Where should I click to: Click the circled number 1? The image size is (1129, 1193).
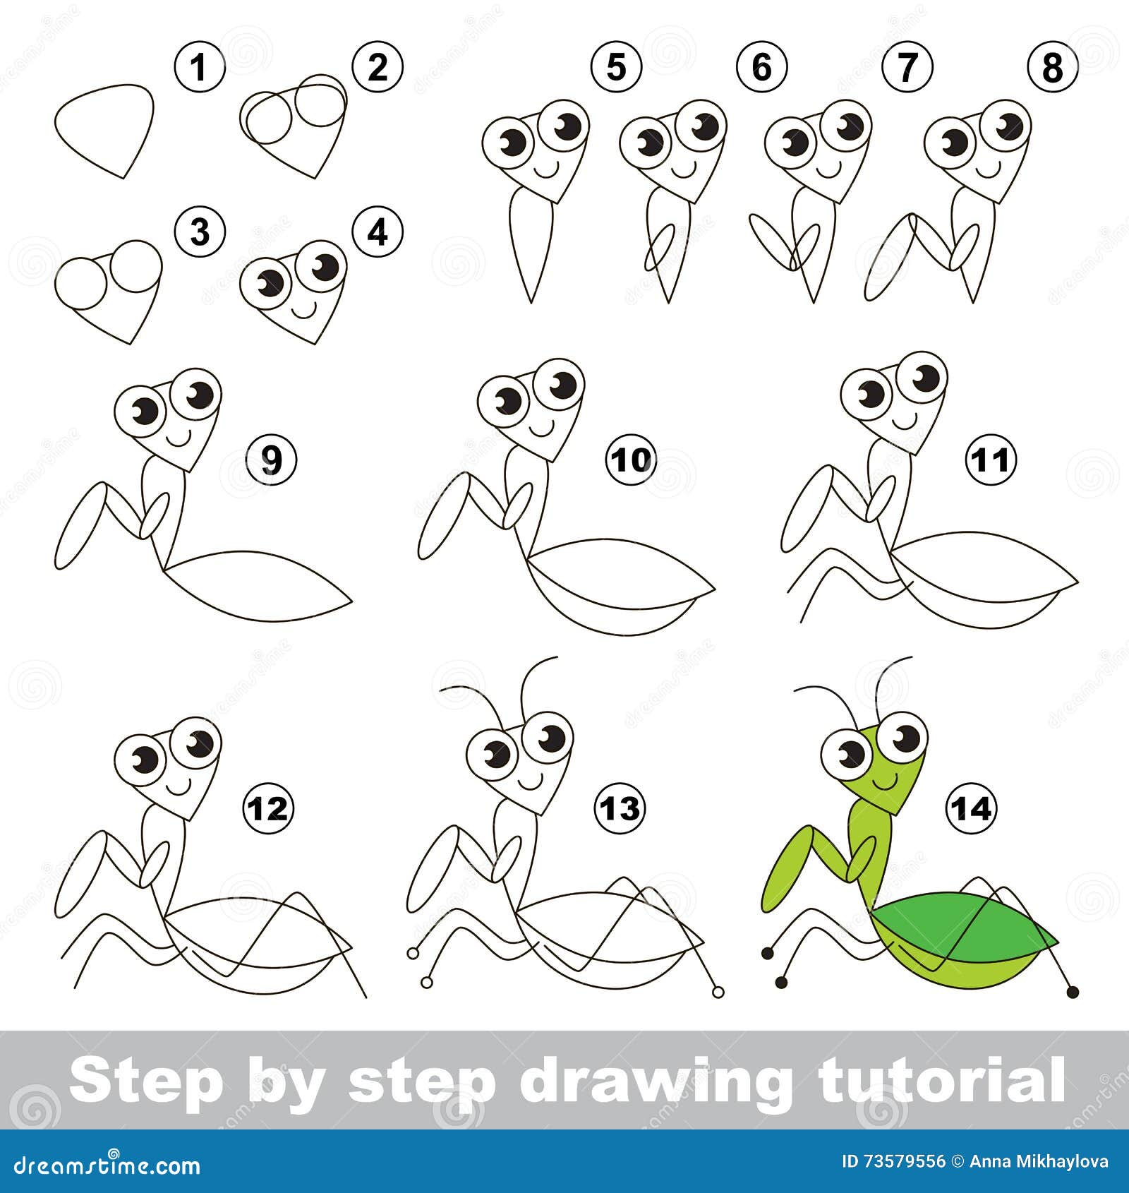click(x=200, y=68)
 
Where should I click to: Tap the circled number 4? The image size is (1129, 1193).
click(x=378, y=231)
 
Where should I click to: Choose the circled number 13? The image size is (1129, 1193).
click(x=620, y=808)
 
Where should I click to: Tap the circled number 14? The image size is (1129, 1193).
click(x=971, y=808)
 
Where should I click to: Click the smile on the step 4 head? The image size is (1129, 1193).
click(x=304, y=309)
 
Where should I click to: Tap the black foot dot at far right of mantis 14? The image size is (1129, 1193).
click(x=1073, y=992)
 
